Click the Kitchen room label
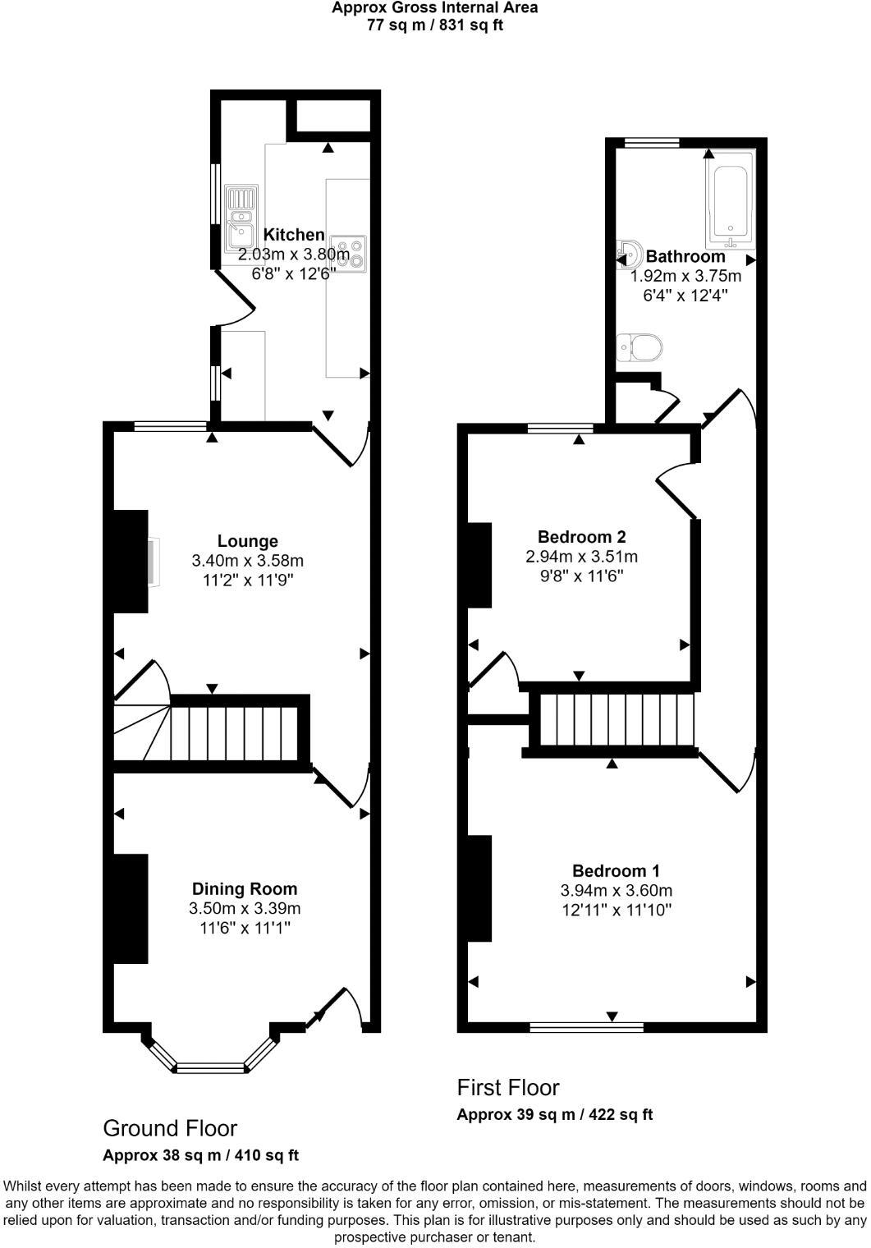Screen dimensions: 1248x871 (x=294, y=235)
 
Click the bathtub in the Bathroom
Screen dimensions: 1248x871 (x=729, y=200)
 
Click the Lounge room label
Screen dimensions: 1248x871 (x=247, y=541)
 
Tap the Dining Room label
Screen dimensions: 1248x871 (x=245, y=888)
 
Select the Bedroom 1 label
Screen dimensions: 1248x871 (x=616, y=870)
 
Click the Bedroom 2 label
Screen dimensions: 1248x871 (x=581, y=537)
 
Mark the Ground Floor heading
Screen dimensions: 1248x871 (x=170, y=1128)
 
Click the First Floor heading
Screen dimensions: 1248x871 (x=508, y=1088)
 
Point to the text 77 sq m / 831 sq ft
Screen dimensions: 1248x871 (x=435, y=25)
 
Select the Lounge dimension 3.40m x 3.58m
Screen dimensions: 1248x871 (x=247, y=561)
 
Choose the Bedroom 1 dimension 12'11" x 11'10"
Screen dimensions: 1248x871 (x=616, y=910)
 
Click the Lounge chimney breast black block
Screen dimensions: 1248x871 (x=130, y=561)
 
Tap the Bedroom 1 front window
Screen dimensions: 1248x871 (x=586, y=1026)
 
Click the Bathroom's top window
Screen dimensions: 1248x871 (x=652, y=143)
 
